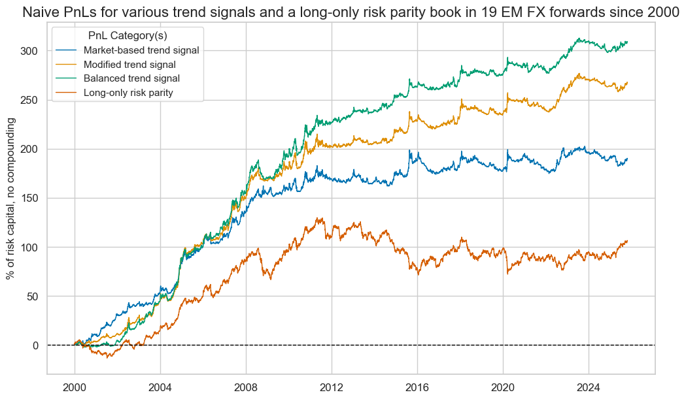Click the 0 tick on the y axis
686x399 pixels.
click(x=36, y=345)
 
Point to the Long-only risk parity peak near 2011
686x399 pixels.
click(x=320, y=218)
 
